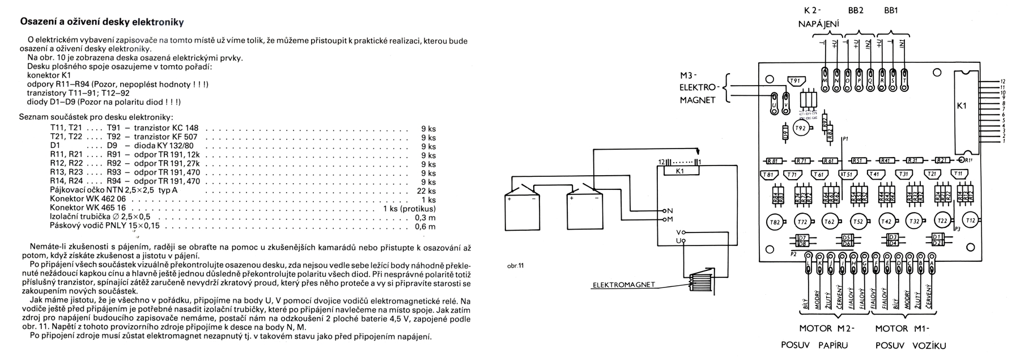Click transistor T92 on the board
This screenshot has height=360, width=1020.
(800, 129)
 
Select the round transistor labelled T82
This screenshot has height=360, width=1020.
(774, 222)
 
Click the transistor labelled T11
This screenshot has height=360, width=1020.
(958, 174)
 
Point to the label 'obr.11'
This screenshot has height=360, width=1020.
(516, 265)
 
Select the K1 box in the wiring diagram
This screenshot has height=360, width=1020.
(679, 170)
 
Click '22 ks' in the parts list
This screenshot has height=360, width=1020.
(427, 190)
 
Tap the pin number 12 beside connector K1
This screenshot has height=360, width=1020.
(1002, 81)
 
